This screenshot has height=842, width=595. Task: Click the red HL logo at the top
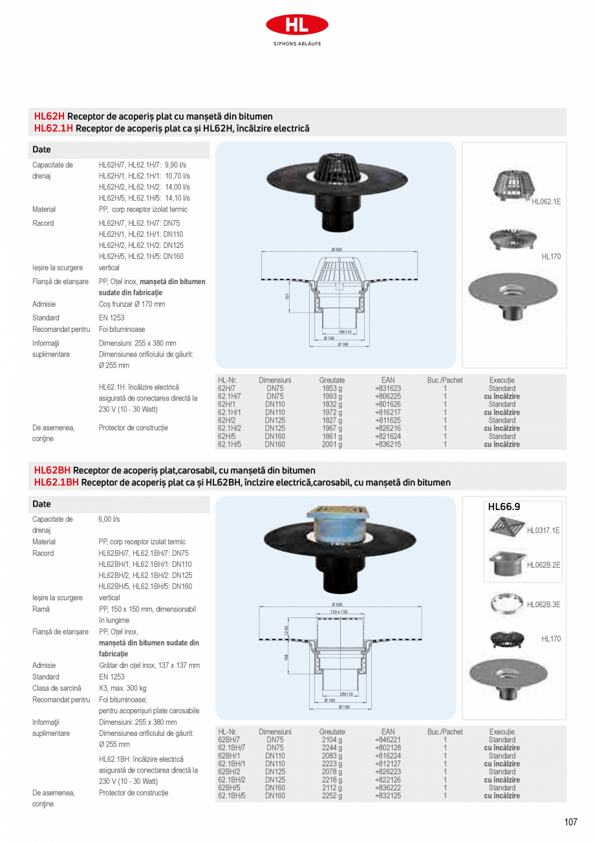(297, 25)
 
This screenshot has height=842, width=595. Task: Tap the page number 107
(570, 823)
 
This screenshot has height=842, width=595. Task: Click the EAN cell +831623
(388, 388)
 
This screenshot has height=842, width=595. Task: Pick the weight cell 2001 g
(332, 445)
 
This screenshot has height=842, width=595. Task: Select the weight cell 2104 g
(332, 740)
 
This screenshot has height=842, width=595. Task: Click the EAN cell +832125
(388, 796)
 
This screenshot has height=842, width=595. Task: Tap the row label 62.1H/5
(230, 445)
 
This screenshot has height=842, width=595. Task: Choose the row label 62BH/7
(229, 740)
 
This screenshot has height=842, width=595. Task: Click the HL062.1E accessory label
(546, 202)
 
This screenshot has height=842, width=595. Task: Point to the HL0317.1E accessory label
(543, 531)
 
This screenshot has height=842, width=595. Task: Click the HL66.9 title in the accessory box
(504, 507)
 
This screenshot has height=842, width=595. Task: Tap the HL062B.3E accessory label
(543, 604)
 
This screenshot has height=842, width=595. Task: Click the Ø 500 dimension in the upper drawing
(336, 249)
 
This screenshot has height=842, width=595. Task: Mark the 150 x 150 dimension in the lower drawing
(339, 612)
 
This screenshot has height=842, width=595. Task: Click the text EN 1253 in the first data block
(111, 318)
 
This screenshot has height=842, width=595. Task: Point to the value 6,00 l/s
(109, 519)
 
